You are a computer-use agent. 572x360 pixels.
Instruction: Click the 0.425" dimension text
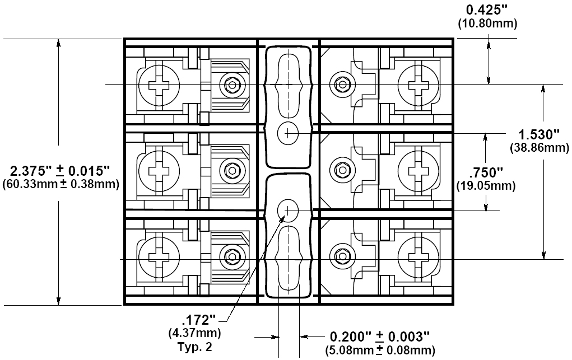487,10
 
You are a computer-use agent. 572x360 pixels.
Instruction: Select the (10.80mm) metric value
487,24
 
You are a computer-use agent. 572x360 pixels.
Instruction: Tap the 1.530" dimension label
539,134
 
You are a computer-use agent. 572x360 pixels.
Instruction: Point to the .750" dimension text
486,171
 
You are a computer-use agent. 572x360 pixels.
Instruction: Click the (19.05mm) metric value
486,186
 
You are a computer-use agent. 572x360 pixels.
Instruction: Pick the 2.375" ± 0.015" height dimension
60,171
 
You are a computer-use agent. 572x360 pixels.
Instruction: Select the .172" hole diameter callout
199,320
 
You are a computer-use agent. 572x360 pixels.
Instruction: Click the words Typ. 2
194,347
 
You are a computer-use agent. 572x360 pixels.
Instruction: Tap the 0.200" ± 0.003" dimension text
380,336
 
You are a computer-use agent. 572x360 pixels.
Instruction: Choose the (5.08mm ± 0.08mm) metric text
380,350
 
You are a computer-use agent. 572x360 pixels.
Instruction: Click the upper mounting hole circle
288,133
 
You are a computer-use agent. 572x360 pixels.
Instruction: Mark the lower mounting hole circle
288,211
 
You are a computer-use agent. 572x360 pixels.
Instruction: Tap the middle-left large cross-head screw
159,171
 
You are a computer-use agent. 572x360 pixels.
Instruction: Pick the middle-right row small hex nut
342,170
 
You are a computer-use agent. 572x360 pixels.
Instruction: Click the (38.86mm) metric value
539,147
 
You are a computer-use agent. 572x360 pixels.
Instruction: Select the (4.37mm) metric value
195,333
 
